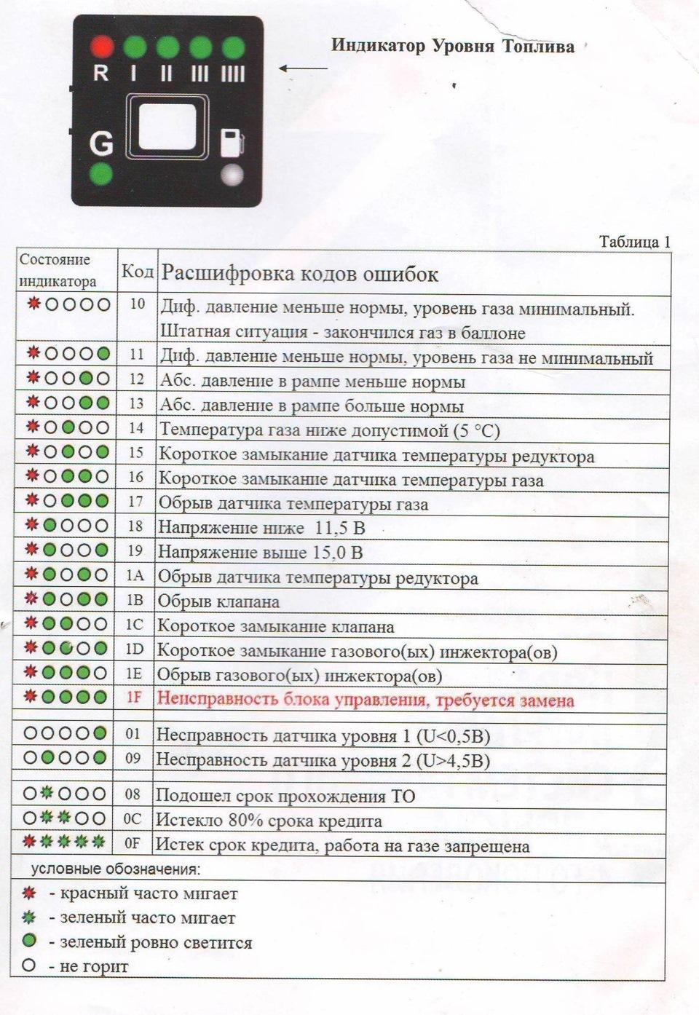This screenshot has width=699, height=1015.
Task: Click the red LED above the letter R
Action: pos(102,47)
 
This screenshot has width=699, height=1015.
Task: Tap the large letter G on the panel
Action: pos(101,143)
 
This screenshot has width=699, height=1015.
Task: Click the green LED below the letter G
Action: pos(101,175)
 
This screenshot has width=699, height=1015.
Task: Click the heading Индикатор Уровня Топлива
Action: pos(452,46)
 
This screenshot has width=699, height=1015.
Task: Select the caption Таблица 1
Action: pos(634,242)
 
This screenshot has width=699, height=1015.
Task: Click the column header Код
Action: pos(137,272)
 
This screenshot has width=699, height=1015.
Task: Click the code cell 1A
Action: pos(135,575)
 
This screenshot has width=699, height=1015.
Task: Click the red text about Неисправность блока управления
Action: pos(366,700)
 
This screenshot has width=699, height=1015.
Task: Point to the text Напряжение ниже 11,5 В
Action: pos(261,528)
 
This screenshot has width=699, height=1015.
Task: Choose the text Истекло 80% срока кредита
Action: pos(269,821)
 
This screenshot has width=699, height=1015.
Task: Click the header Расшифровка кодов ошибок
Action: pos(299,274)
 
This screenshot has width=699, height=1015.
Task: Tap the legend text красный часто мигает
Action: pos(149,893)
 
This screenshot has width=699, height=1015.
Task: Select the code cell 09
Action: pos(133,758)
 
